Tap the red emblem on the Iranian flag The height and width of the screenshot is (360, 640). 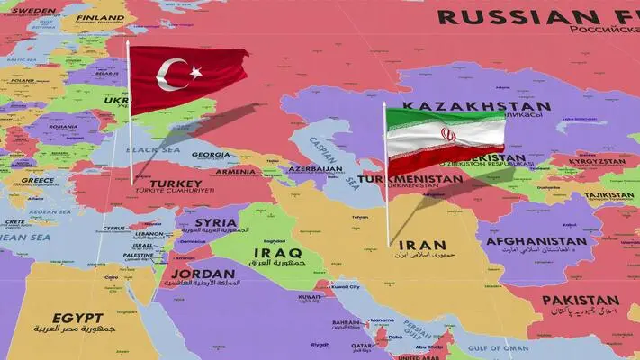(447, 136)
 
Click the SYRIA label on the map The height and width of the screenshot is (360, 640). (215, 222)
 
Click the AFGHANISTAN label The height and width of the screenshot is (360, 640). (536, 241)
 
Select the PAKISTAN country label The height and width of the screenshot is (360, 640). (581, 301)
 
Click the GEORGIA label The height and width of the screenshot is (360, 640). (211, 154)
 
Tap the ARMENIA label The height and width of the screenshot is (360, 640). (235, 171)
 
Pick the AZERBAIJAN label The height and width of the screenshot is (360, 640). (316, 169)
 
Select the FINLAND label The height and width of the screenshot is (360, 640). (100, 17)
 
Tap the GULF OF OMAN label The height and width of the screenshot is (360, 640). (497, 347)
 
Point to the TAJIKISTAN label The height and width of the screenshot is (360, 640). (609, 194)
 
